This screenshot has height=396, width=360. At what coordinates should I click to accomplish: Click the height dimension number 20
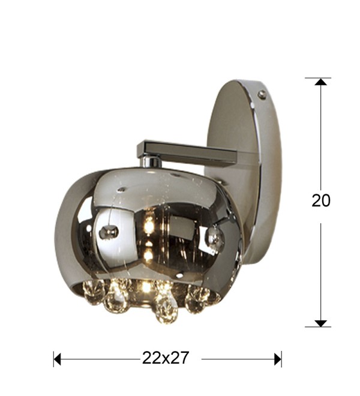coord(321,201)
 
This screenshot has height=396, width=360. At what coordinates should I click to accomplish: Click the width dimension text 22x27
coord(166,358)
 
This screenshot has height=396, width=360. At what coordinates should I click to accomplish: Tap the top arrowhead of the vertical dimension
coord(321,82)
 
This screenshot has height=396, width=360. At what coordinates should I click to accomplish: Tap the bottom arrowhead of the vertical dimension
coord(321,323)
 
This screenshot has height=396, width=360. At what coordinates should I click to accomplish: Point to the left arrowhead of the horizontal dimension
coord(58,359)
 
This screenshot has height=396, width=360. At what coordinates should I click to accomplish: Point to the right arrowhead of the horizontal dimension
coord(278,359)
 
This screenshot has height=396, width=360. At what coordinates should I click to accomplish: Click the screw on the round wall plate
coord(262,94)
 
